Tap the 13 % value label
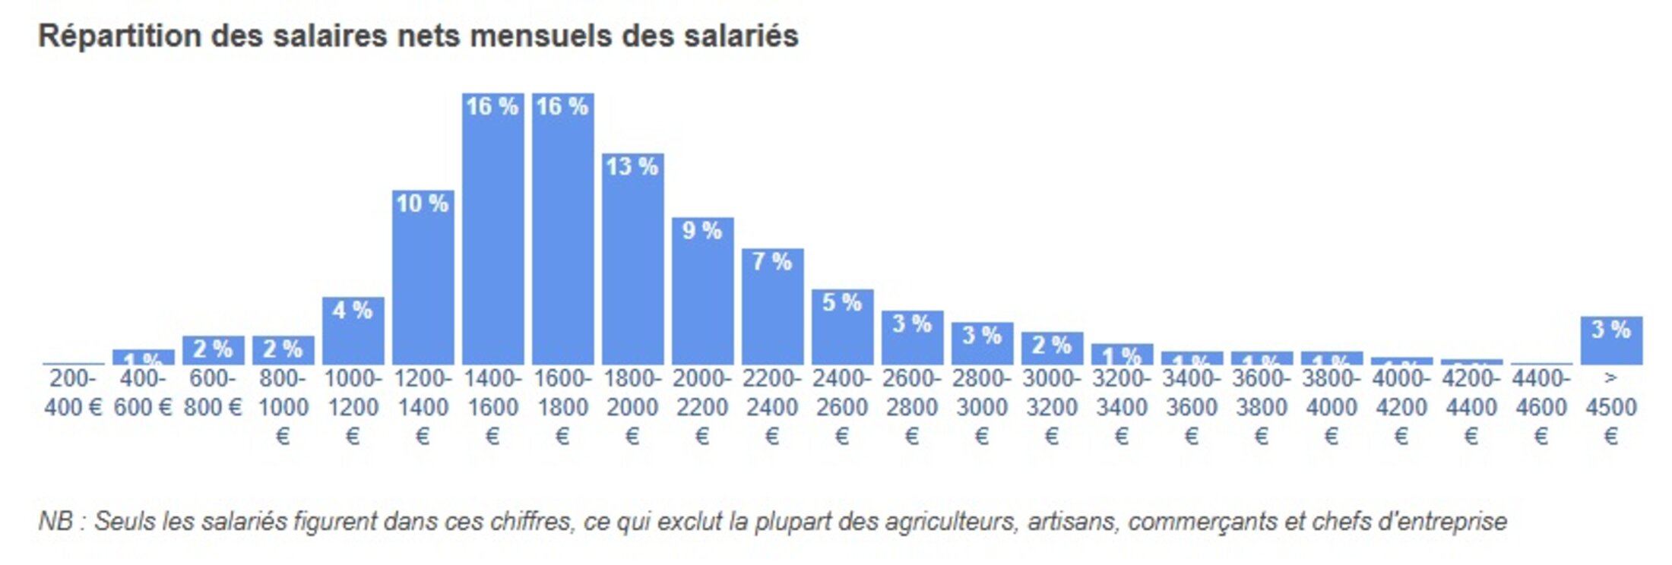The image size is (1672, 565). (632, 166)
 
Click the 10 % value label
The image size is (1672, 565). (422, 203)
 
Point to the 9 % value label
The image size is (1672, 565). (701, 230)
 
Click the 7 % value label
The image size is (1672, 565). (771, 261)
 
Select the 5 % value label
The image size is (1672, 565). (841, 302)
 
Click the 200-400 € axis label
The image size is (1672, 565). (73, 393)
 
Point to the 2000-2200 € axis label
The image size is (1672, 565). (701, 406)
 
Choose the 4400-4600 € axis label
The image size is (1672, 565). (1541, 406)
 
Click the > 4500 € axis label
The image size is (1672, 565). (1610, 406)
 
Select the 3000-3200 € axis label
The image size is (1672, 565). (1051, 406)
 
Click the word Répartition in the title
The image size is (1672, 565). (119, 36)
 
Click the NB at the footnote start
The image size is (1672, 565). (55, 522)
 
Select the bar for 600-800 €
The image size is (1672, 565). (213, 351)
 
